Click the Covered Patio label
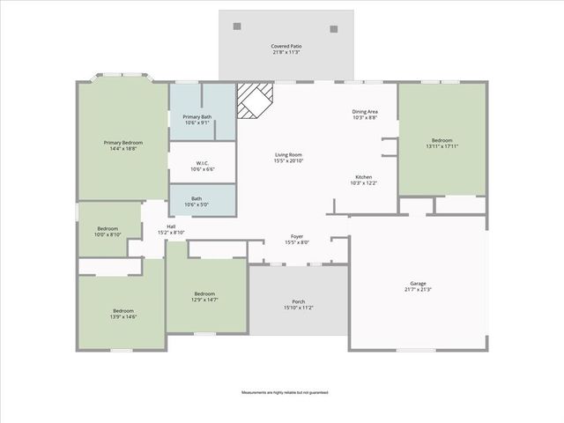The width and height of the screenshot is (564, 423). pyautogui.click(x=286, y=45)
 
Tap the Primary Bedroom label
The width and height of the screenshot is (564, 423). pyautogui.click(x=123, y=142)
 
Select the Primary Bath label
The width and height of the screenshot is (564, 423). pyautogui.click(x=197, y=116)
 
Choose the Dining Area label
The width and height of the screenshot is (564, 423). pyautogui.click(x=365, y=111)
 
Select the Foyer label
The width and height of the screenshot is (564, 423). pyautogui.click(x=298, y=236)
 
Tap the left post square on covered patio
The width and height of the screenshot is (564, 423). pyautogui.click(x=237, y=27)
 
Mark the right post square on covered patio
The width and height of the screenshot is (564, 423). pyautogui.click(x=334, y=28)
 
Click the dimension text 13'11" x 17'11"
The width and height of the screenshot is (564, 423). pyautogui.click(x=442, y=147)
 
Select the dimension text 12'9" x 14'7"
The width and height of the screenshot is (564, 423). pyautogui.click(x=204, y=301)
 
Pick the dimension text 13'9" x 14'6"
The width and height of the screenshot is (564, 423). pyautogui.click(x=123, y=316)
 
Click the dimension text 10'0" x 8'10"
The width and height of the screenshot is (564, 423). pyautogui.click(x=108, y=234)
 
